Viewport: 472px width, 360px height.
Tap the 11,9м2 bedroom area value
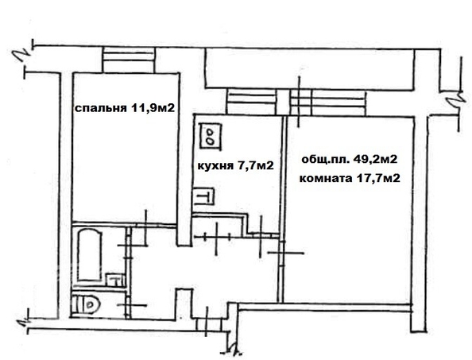[x=152, y=109]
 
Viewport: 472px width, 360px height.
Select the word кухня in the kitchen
[x=214, y=166]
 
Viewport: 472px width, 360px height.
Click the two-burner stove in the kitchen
[x=211, y=135]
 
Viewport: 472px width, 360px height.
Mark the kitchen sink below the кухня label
[x=203, y=196]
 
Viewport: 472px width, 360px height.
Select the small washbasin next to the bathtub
[x=114, y=280]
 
